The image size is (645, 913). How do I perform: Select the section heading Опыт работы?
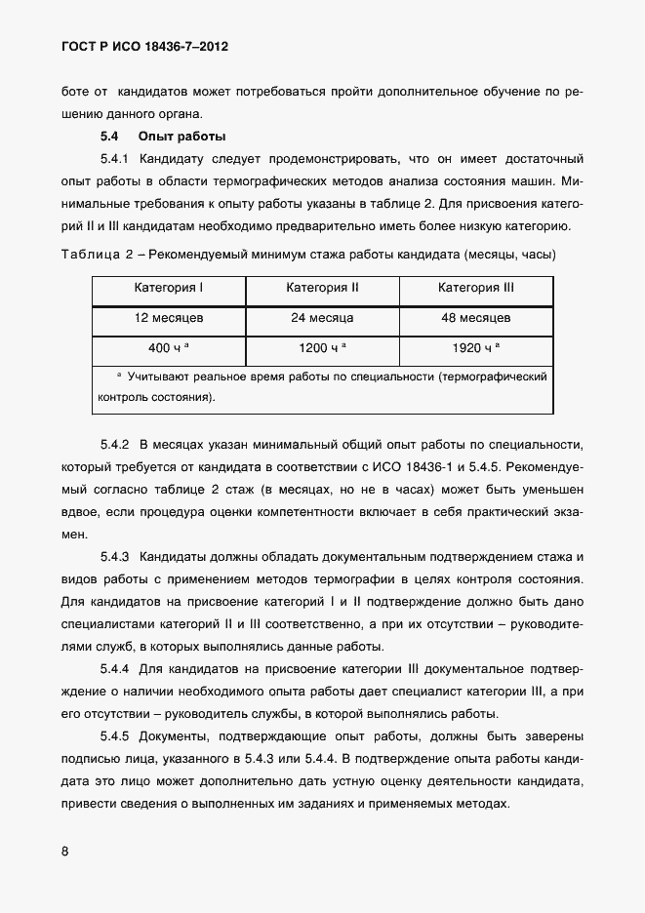click(182, 136)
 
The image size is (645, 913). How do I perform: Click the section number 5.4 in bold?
click(109, 136)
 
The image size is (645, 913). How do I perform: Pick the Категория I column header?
click(169, 288)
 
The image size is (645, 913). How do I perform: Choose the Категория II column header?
click(323, 288)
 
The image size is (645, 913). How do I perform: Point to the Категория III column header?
click(476, 288)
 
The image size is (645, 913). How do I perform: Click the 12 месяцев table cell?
click(169, 318)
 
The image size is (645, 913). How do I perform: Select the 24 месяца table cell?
click(323, 318)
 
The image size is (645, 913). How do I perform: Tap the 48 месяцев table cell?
click(476, 318)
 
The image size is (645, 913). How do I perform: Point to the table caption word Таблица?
click(91, 255)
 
